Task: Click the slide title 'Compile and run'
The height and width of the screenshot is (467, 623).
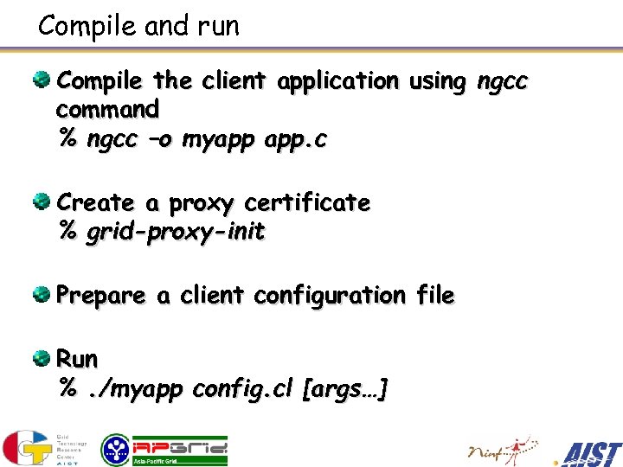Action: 138,26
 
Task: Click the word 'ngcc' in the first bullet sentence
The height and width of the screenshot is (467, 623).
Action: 503,81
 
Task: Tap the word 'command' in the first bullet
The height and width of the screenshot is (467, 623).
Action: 107,110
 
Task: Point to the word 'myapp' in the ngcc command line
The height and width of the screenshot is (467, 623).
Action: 214,140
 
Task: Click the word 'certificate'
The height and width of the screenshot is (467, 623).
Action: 307,203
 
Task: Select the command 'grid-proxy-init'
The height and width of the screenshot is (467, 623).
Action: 176,233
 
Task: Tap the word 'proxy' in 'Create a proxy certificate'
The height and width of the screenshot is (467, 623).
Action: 201,204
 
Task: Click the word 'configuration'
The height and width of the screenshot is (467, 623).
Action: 329,296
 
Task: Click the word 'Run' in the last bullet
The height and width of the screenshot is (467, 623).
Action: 77,359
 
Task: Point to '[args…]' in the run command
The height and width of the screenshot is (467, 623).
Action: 344,390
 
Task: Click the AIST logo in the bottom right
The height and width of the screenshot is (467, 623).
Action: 590,452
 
